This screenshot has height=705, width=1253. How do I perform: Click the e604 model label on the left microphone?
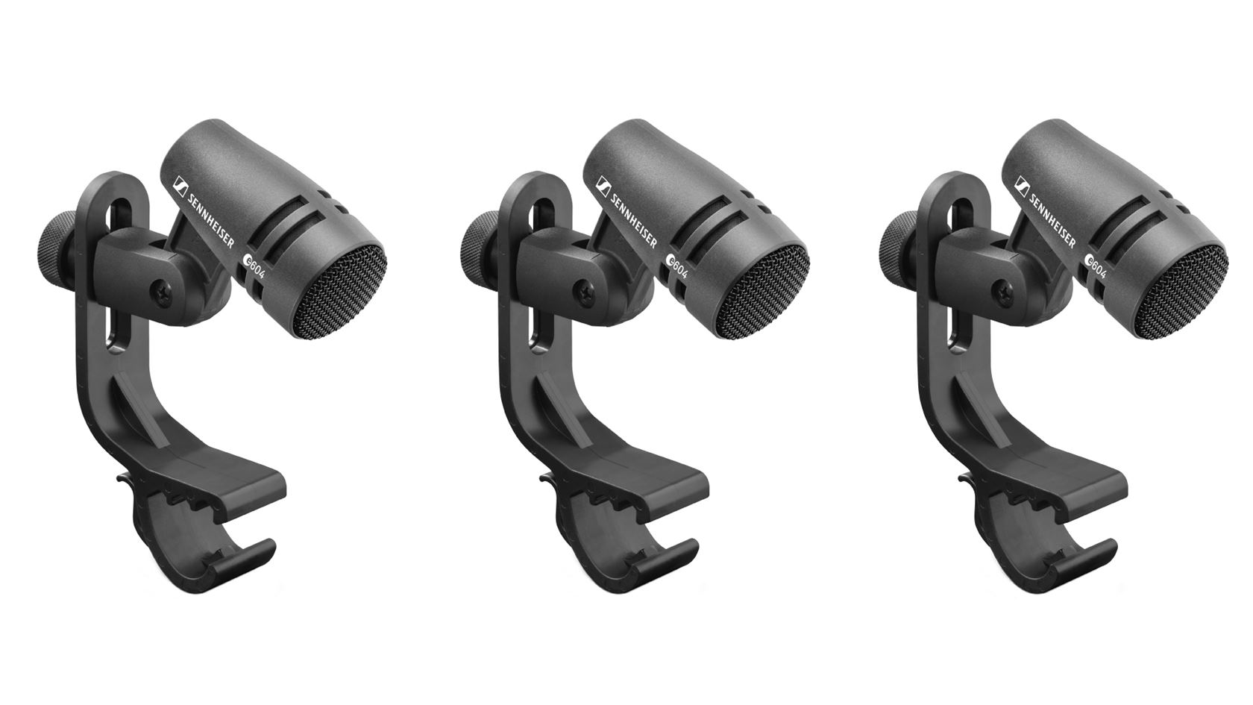pos(254,265)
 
